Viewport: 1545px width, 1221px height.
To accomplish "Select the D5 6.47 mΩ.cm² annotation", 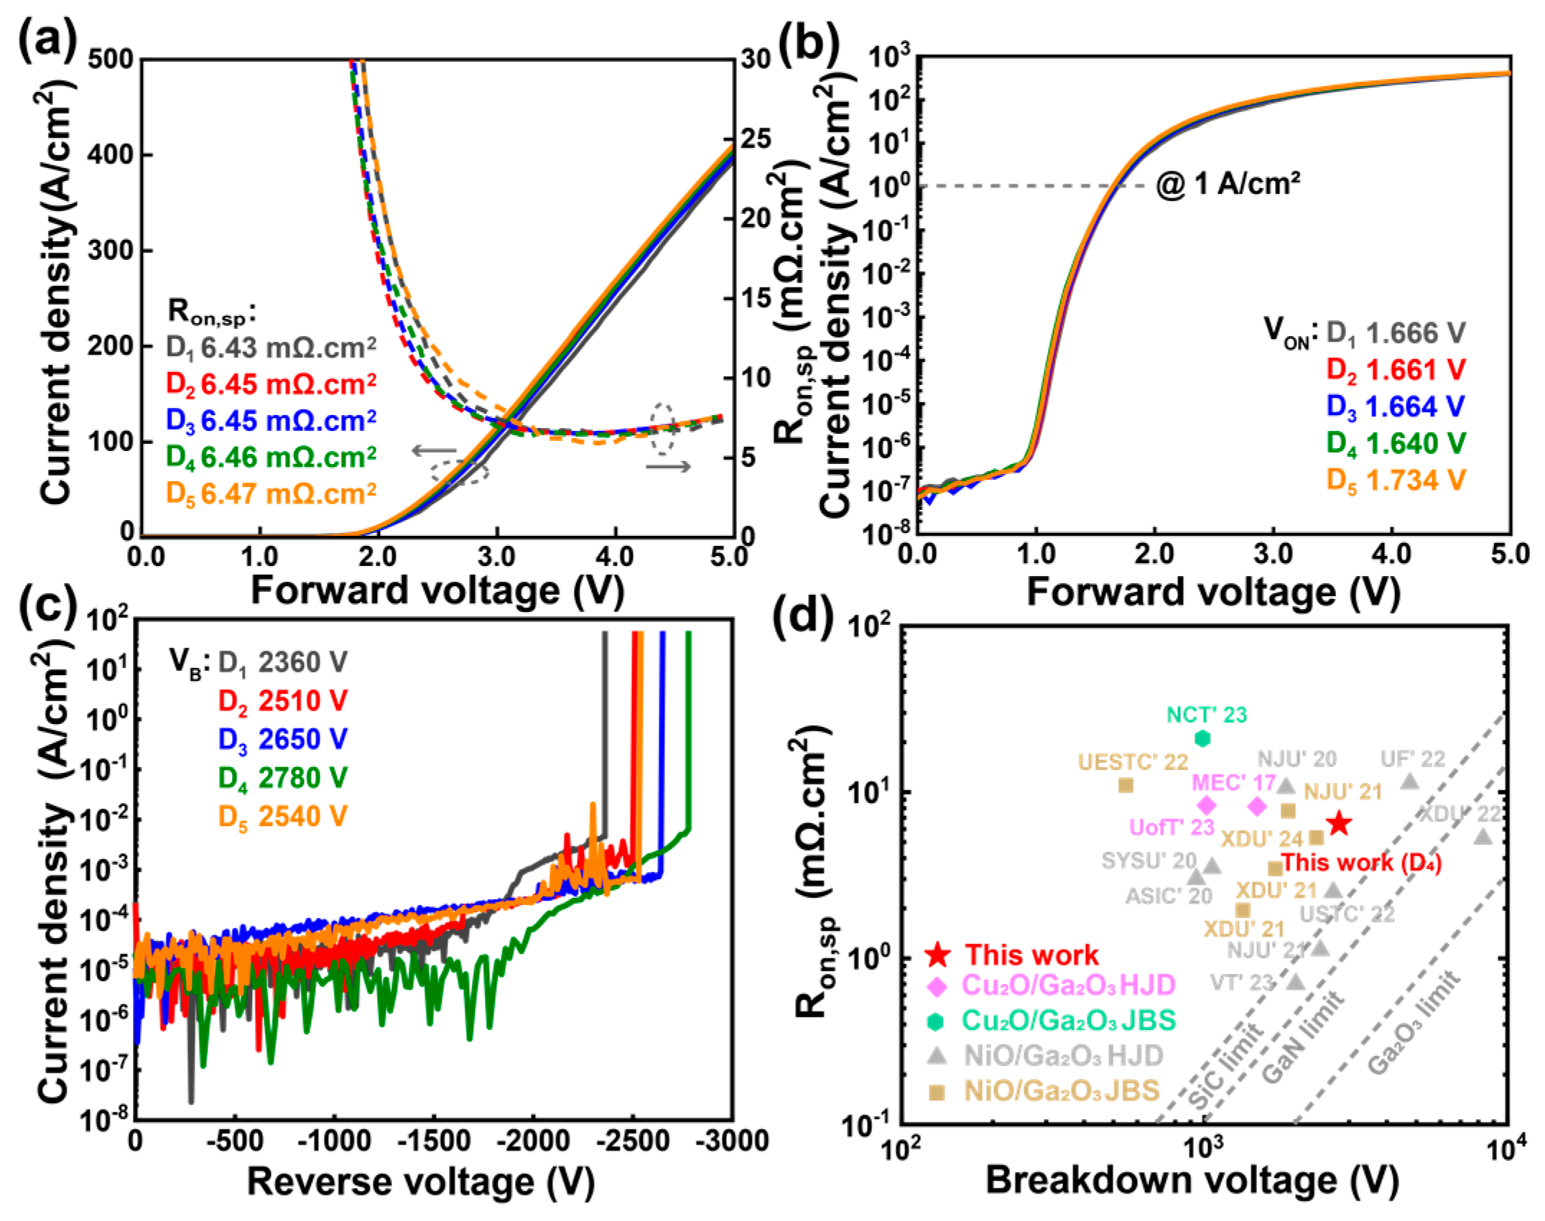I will pos(271,493).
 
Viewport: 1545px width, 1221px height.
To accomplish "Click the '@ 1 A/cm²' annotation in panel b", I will pos(1228,185).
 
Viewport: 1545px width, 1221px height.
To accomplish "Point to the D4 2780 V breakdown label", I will pos(282,777).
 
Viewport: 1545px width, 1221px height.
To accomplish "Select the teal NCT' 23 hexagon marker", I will pos(1202,738).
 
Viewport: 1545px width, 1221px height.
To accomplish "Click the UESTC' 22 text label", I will pos(1133,761).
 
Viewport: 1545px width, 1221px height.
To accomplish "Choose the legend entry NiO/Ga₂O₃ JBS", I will pos(1061,1091).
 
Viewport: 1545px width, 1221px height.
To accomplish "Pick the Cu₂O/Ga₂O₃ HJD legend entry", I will pos(1067,985).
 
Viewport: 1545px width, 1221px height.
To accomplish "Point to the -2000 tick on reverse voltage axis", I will pos(533,1141).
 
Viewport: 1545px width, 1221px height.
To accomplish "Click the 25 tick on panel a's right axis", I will pos(756,139).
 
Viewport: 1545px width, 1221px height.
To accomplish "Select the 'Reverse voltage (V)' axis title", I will pos(420,1181).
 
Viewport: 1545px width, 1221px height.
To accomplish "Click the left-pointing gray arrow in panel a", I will pos(434,450).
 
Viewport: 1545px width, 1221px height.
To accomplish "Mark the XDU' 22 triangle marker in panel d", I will pos(1483,837).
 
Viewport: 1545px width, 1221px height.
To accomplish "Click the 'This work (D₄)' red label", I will pos(1361,862).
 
